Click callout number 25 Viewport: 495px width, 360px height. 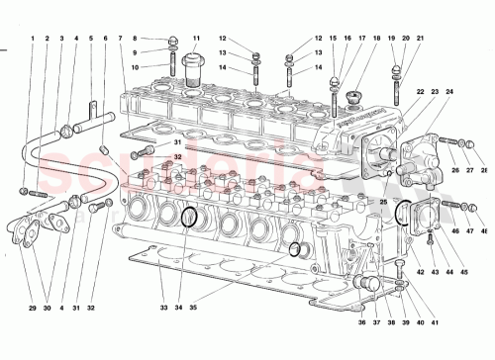click(383, 201)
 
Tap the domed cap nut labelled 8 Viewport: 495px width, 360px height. click(173, 42)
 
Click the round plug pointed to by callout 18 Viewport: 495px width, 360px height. click(353, 96)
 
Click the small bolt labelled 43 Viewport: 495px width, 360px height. click(430, 237)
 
